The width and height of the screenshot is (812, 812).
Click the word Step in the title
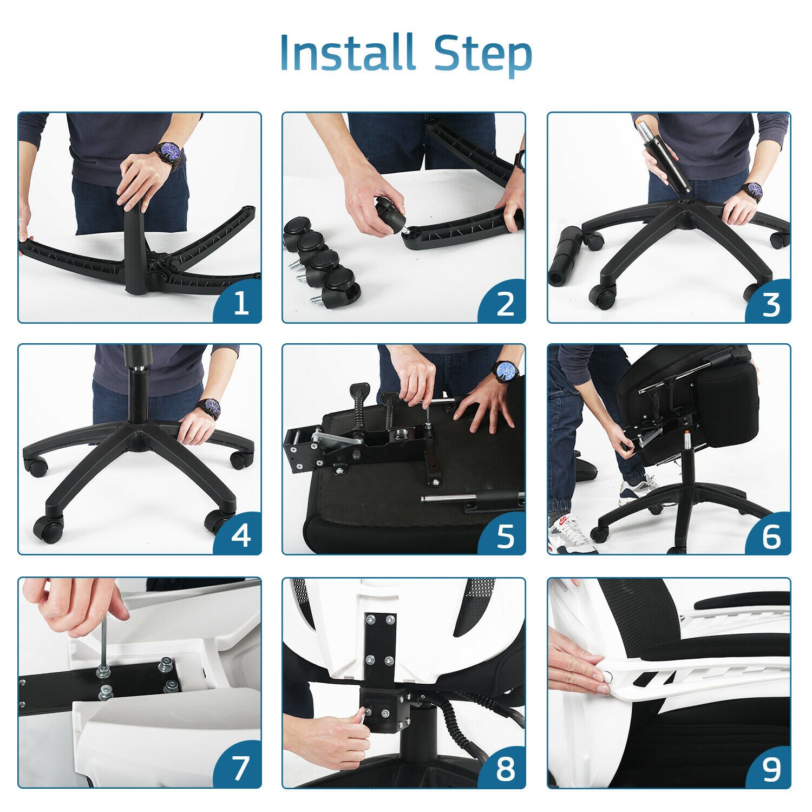(x=483, y=54)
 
